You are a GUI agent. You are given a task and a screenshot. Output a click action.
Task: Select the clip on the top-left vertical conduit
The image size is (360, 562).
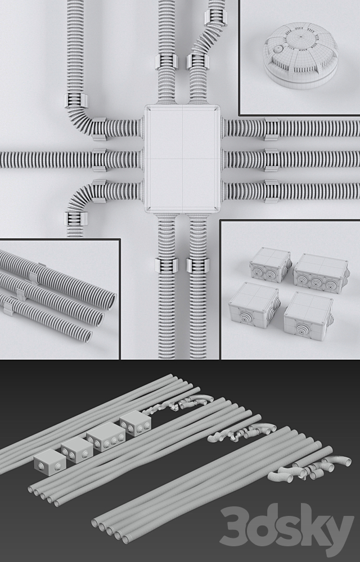coord(76,101)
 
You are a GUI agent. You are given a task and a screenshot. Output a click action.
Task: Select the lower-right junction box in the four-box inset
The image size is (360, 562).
coord(307,315)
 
